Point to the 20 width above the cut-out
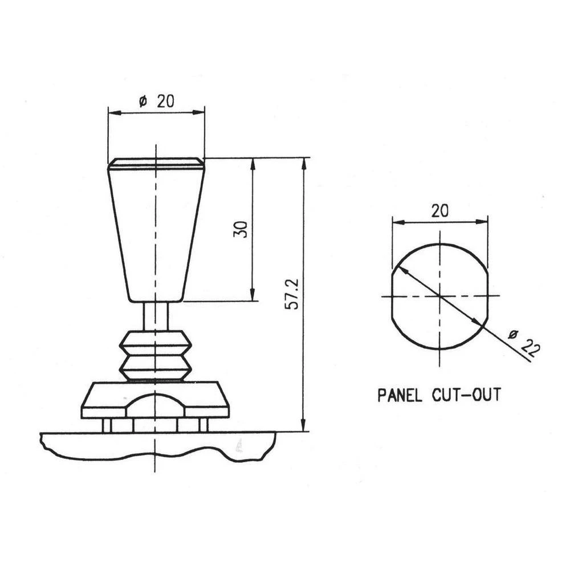click(439, 211)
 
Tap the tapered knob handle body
click(156, 234)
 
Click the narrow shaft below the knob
click(156, 316)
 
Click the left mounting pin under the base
click(107, 425)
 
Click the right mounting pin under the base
click(203, 425)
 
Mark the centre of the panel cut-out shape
click(439, 296)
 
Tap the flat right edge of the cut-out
click(488, 296)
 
